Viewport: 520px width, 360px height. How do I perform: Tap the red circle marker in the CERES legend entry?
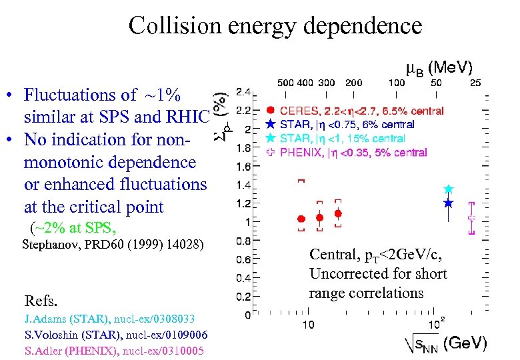[x=270, y=111]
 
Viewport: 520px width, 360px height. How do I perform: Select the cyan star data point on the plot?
[x=449, y=190]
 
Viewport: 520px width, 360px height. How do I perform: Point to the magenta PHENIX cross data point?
[x=472, y=218]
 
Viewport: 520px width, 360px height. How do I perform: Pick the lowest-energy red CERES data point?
[x=301, y=219]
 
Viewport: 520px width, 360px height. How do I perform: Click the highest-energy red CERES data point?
[x=337, y=213]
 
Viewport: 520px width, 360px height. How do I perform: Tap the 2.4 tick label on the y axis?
[x=244, y=92]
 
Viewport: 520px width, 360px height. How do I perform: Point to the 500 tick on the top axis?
[x=285, y=83]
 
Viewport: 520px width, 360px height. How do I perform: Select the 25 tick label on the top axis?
[x=475, y=83]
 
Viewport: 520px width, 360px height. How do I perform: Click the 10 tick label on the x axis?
[x=308, y=325]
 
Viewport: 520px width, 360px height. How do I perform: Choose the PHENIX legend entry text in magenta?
[x=353, y=152]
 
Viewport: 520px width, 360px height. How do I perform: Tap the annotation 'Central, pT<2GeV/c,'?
[x=376, y=254]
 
